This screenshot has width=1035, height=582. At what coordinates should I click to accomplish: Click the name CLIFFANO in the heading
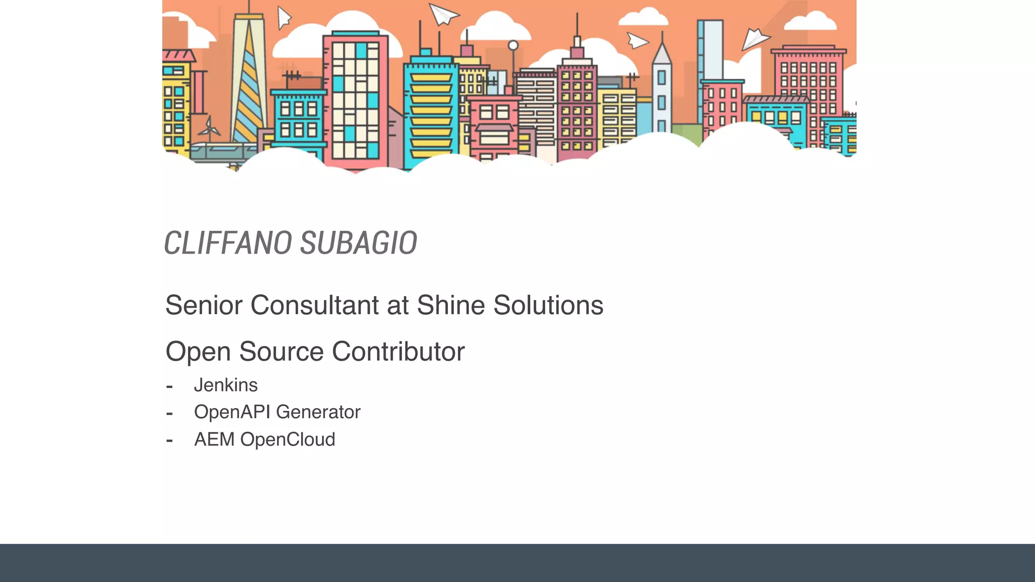point(227,243)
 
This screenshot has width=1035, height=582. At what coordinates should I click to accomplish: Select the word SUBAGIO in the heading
point(358,243)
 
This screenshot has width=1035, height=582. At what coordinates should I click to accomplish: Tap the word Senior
point(204,305)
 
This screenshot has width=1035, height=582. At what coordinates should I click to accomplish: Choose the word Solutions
point(548,305)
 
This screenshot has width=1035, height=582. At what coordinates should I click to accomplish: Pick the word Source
point(281,352)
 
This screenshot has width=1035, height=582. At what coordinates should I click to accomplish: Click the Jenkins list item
point(226,385)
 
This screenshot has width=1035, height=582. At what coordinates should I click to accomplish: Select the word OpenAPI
point(231,412)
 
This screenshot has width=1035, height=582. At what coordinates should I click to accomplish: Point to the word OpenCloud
point(288,440)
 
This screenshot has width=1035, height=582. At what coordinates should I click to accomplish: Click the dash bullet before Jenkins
point(169,386)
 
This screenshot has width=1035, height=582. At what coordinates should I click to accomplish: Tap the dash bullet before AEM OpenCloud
point(169,441)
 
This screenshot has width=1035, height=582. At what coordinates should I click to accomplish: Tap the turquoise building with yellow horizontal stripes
point(430,111)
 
